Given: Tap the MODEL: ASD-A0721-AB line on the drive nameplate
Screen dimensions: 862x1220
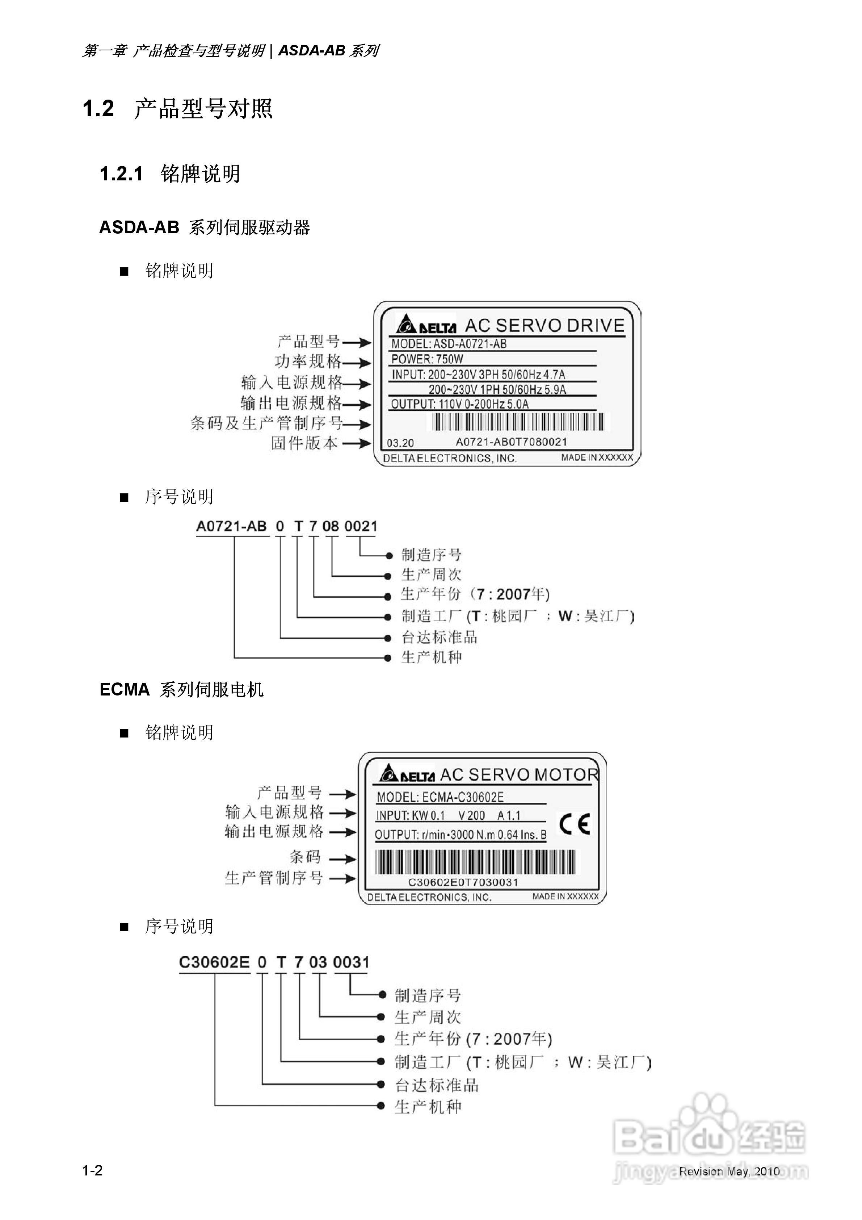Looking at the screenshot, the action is click(449, 344).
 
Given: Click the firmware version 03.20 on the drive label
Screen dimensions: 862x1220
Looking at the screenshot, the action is click(400, 443).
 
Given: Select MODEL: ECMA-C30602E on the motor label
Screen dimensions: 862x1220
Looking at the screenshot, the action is click(440, 797).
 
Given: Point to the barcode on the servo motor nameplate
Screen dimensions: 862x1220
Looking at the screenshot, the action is click(475, 862).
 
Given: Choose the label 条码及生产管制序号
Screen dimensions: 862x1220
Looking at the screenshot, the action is click(266, 423).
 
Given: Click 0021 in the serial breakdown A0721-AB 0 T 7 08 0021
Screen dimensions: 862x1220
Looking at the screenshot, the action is click(361, 527).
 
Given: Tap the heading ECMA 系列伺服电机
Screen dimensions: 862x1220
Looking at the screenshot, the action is click(181, 690).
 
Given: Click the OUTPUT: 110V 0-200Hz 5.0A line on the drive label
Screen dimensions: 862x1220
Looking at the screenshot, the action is click(459, 404).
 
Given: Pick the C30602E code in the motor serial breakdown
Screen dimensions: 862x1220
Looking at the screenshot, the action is click(214, 962).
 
